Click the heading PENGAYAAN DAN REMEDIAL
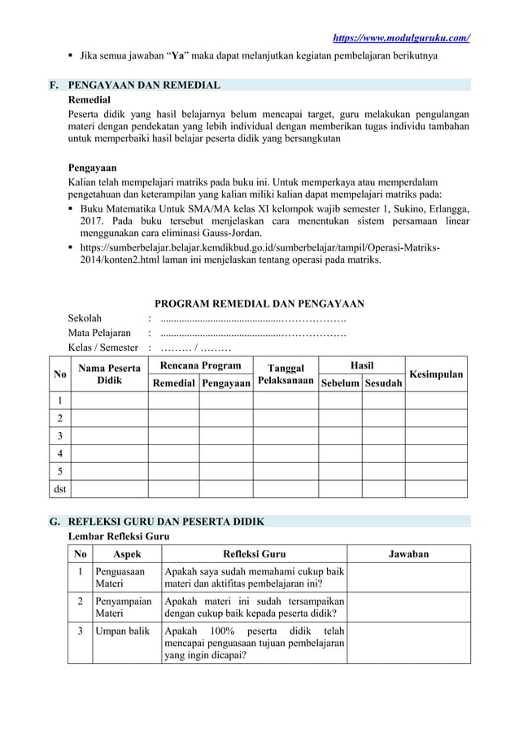coord(144,85)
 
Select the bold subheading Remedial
coord(90,98)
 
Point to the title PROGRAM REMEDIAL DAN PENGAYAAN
coord(259,304)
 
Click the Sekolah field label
coord(85,319)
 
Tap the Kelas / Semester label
coord(102,348)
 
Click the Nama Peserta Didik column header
coord(110,374)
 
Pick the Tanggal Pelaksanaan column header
coord(284,374)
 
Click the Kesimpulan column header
coord(437,374)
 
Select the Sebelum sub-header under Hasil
coord(340,382)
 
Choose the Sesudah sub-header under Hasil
coord(383,382)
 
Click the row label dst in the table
coord(59,488)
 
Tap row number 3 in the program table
coord(59,435)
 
